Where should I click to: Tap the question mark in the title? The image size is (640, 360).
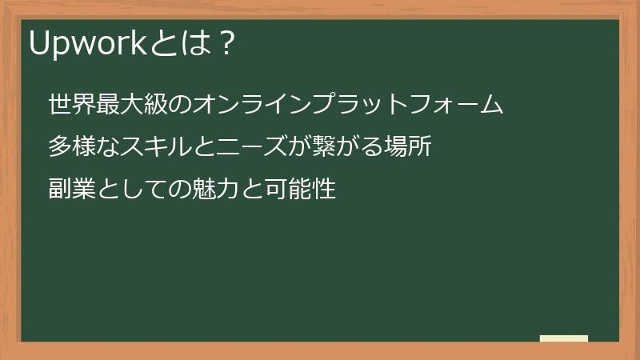click(226, 45)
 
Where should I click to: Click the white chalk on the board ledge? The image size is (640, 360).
click(564, 338)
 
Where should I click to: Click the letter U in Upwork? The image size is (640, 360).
click(39, 45)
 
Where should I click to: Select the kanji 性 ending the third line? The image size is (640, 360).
click(322, 190)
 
